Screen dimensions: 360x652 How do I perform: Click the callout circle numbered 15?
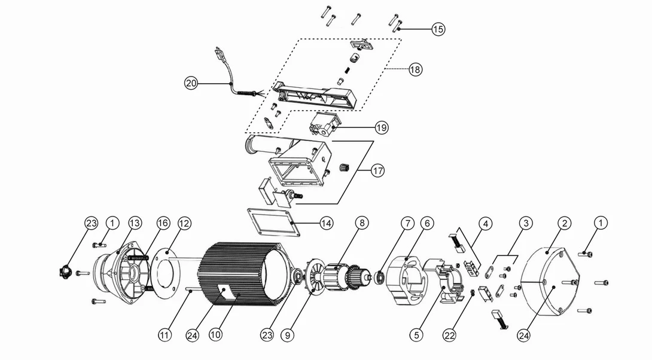click(438, 29)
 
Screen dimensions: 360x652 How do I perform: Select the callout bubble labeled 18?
click(415, 69)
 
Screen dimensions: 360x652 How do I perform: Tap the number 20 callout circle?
click(191, 84)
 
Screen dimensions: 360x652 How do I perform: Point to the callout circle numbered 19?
click(382, 127)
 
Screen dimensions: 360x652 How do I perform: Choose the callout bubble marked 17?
click(377, 170)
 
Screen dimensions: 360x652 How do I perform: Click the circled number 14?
click(326, 223)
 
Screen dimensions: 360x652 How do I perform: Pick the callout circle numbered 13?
click(135, 223)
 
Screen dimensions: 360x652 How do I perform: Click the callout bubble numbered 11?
click(164, 335)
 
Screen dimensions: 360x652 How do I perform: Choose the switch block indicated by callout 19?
click(324, 126)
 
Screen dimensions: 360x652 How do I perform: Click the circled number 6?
click(426, 223)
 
